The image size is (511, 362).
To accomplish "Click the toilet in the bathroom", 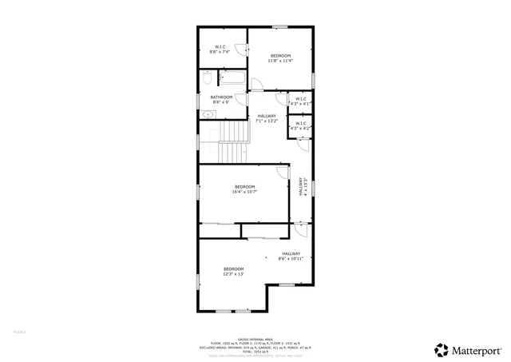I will [x=207, y=79].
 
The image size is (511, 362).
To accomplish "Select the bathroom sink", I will [x=208, y=114].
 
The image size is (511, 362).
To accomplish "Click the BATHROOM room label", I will [x=220, y=99].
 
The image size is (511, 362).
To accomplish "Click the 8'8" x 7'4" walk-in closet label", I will [x=220, y=50].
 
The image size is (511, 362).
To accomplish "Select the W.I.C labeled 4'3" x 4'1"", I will [x=300, y=101].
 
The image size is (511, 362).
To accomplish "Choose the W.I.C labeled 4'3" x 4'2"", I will [x=300, y=125].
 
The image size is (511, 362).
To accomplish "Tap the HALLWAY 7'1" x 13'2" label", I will [x=266, y=119].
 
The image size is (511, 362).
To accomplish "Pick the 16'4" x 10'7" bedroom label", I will [x=244, y=189].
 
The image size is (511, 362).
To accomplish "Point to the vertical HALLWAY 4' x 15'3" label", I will [x=302, y=186].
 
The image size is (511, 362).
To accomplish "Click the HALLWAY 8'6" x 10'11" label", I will [x=291, y=257].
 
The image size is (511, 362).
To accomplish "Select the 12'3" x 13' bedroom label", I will [x=233, y=271].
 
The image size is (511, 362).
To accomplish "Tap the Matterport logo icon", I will [x=440, y=349].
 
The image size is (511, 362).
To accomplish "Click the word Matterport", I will [x=477, y=350].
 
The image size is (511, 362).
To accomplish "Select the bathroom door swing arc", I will [x=257, y=84].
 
